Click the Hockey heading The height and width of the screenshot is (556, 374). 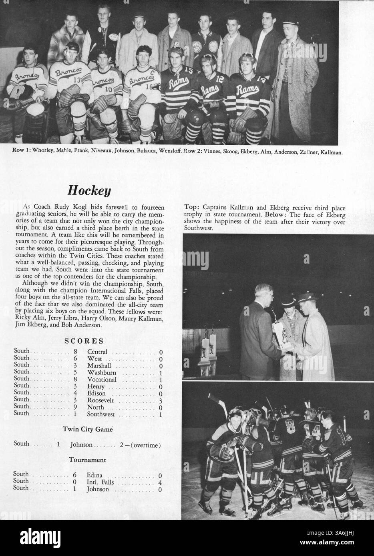(x=88, y=190)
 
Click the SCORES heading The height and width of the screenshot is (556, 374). (x=84, y=341)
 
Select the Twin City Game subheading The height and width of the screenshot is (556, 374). (x=87, y=429)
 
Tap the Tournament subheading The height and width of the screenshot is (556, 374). (x=87, y=460)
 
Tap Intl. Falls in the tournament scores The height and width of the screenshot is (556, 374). (x=100, y=482)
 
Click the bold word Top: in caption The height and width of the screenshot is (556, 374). (x=192, y=207)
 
